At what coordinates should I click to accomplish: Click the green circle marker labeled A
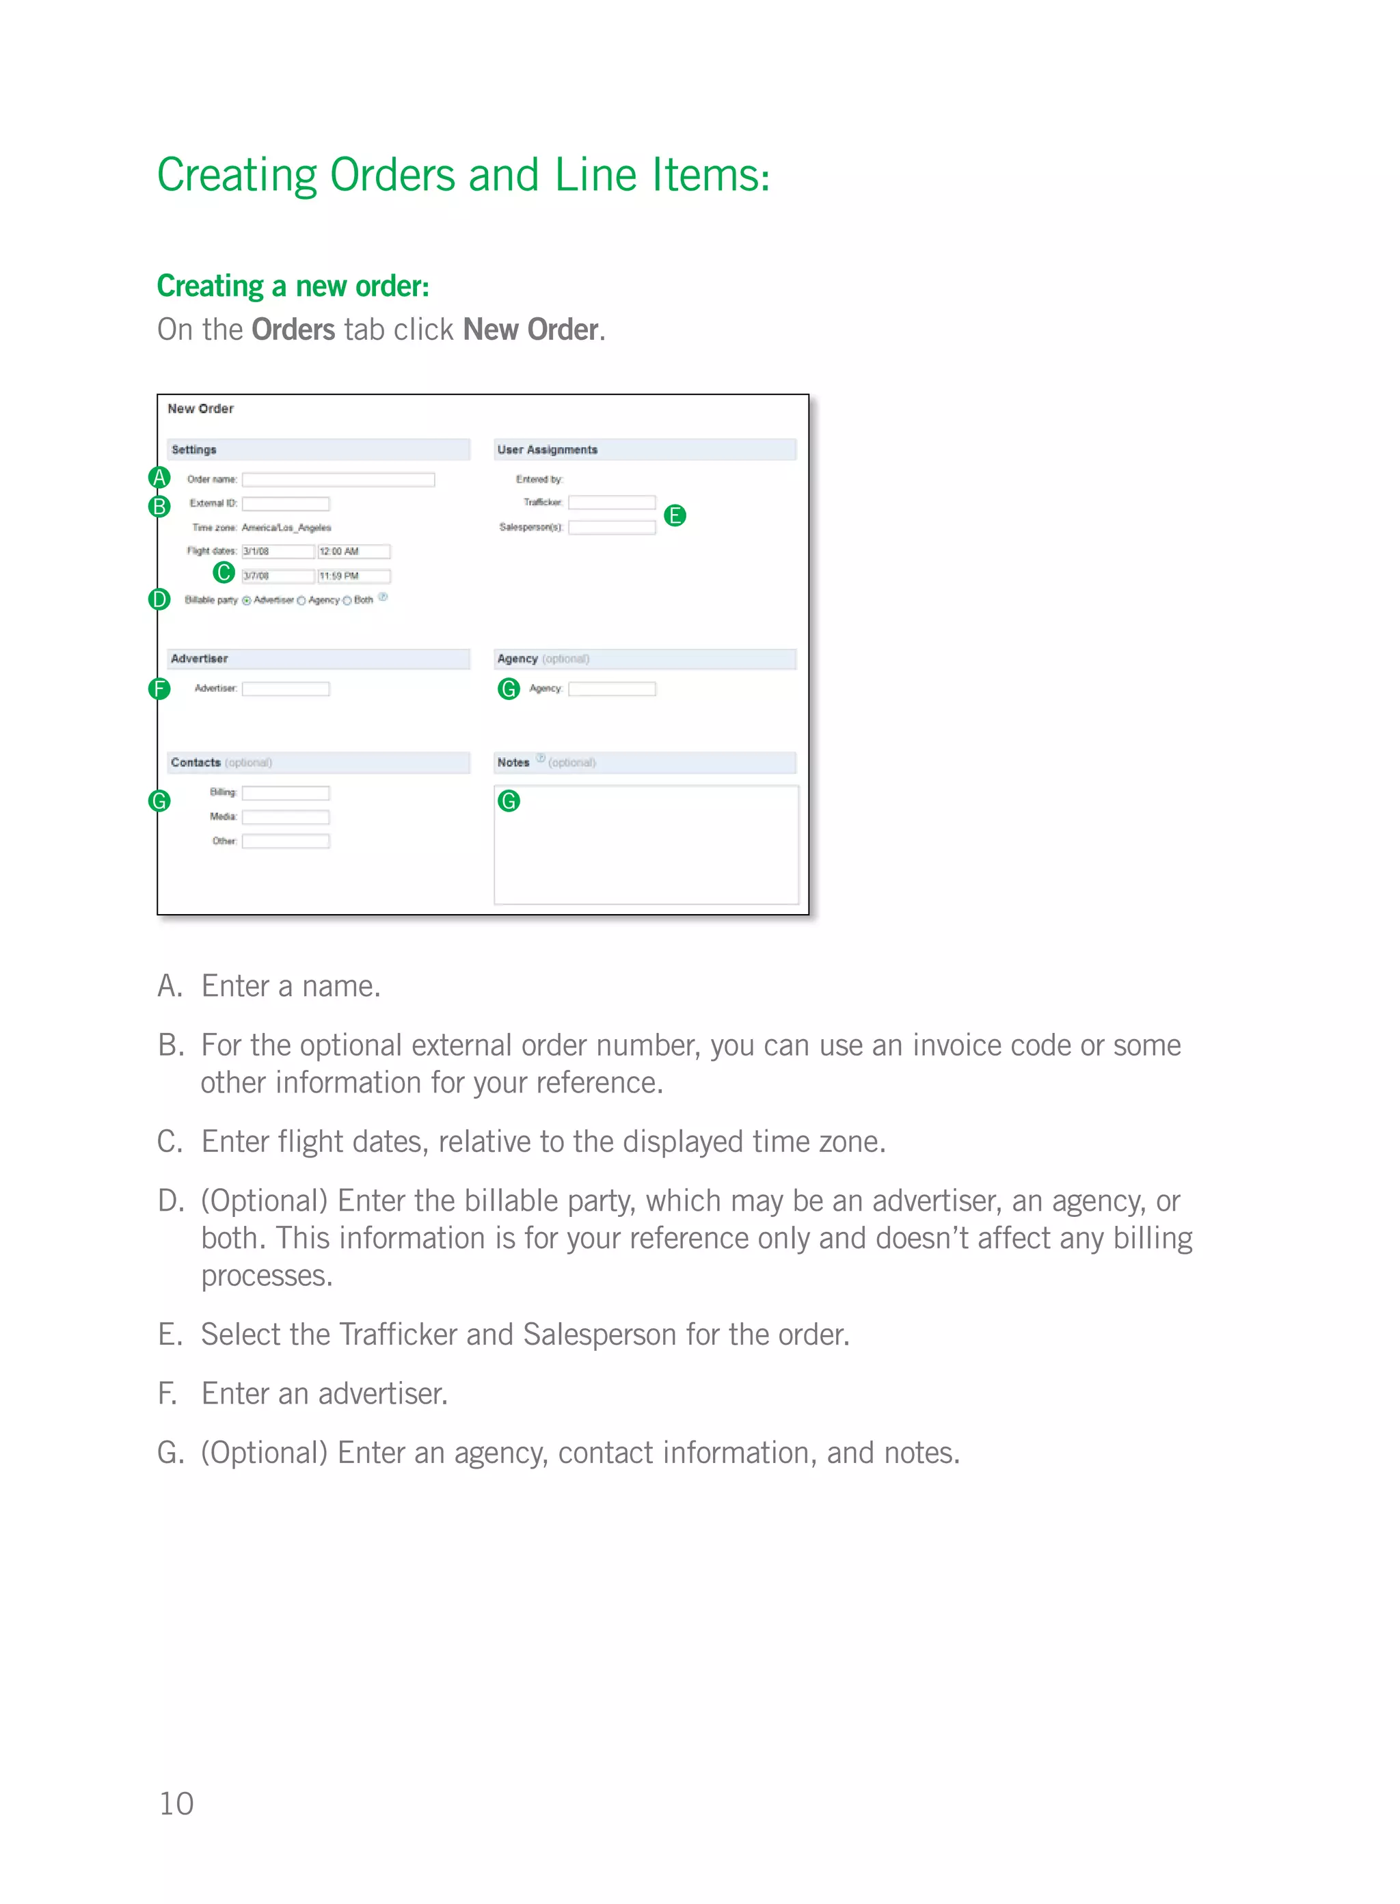pyautogui.click(x=159, y=478)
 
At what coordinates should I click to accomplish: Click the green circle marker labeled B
pyautogui.click(x=159, y=507)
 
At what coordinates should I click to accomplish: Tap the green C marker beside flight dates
pyautogui.click(x=224, y=573)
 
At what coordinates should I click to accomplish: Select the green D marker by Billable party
pyautogui.click(x=159, y=600)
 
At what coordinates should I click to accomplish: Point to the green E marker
pyautogui.click(x=675, y=515)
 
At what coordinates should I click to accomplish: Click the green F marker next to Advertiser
pyautogui.click(x=159, y=689)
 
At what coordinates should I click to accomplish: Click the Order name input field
pyautogui.click(x=338, y=480)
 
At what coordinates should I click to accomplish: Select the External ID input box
pyautogui.click(x=286, y=503)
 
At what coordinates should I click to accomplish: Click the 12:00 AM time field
pyautogui.click(x=353, y=552)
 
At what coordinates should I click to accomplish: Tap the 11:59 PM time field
pyautogui.click(x=353, y=576)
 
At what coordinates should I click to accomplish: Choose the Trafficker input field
pyautogui.click(x=611, y=502)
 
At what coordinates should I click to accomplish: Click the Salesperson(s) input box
pyautogui.click(x=611, y=527)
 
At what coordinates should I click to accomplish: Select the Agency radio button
pyautogui.click(x=301, y=601)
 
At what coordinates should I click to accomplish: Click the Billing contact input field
pyautogui.click(x=286, y=793)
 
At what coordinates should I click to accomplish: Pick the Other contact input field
pyautogui.click(x=286, y=842)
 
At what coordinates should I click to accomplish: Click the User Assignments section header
pyautogui.click(x=548, y=450)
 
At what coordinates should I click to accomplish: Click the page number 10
pyautogui.click(x=176, y=1804)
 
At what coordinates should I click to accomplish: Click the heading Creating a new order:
pyautogui.click(x=293, y=286)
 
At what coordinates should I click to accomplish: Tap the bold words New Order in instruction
pyautogui.click(x=530, y=330)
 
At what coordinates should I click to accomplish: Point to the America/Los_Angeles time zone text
pyautogui.click(x=286, y=528)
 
